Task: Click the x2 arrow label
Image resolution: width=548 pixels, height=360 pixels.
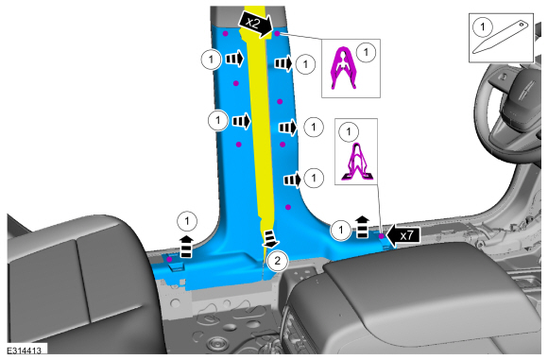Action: point(255,24)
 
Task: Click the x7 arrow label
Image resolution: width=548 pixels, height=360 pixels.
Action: point(402,235)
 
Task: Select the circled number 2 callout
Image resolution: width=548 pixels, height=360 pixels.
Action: point(278,261)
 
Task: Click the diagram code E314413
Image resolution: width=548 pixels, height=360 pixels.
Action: point(25,351)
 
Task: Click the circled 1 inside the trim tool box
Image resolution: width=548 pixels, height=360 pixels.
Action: point(483,26)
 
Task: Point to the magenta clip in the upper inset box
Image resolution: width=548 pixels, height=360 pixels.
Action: point(344,67)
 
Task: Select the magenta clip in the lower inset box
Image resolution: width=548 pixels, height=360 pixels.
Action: point(356,162)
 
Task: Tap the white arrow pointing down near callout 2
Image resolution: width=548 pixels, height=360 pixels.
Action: point(270,239)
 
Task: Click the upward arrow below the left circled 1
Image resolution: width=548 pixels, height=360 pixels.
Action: point(186,247)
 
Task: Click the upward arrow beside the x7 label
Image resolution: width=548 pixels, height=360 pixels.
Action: point(363,227)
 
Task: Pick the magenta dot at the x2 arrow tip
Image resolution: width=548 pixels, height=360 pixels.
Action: point(277,34)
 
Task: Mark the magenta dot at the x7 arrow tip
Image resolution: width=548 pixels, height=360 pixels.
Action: point(382,236)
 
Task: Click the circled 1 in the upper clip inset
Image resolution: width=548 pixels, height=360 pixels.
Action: point(366,52)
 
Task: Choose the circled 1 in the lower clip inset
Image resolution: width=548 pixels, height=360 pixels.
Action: point(349,131)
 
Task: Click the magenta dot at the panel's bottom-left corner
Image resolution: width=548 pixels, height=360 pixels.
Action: point(169,259)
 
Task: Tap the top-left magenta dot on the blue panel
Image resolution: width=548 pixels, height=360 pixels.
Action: point(226,34)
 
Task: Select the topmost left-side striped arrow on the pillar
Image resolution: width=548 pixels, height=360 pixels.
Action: point(234,59)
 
